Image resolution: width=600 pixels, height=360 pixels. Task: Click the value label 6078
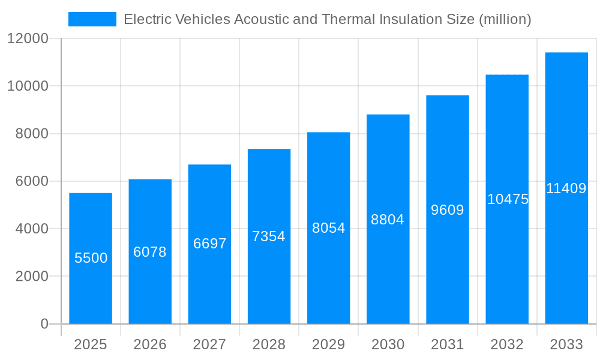click(x=150, y=252)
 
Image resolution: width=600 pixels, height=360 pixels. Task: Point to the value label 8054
click(x=329, y=228)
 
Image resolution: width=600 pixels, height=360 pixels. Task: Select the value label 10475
click(x=508, y=199)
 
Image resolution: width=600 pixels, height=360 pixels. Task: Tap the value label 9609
click(x=448, y=210)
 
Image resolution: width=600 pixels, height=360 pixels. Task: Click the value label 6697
click(x=209, y=244)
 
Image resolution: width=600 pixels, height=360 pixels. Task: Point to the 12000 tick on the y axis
click(x=27, y=39)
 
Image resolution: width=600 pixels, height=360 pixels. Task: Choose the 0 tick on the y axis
click(x=44, y=324)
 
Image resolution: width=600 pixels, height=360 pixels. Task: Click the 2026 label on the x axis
click(x=150, y=344)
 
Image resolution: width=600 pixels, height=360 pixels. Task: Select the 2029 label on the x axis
click(x=329, y=344)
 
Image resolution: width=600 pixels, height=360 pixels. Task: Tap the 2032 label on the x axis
click(x=507, y=344)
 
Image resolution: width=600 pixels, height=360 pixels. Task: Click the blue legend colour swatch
click(x=92, y=19)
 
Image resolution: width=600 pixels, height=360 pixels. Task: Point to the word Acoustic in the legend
click(x=258, y=19)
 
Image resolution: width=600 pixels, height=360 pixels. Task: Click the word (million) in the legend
click(x=505, y=19)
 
